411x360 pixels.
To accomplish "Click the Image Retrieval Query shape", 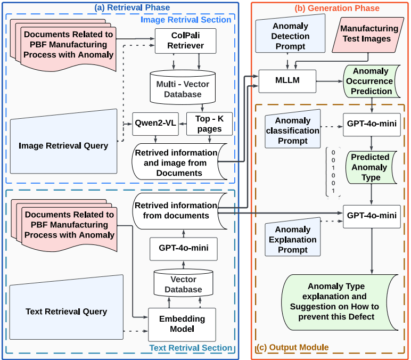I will [63, 145].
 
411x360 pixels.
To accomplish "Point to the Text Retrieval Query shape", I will [66, 311].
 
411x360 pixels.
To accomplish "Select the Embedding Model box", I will [182, 324].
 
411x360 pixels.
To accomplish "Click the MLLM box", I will [287, 81].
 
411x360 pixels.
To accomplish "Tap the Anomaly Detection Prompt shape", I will [290, 36].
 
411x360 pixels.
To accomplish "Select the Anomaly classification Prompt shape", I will [292, 129].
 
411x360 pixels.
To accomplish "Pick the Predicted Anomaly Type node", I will [369, 168].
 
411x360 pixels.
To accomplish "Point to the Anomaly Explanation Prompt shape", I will [293, 239].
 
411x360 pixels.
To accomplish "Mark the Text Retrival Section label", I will [191, 348].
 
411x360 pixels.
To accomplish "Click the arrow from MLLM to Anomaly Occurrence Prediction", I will [330, 81].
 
